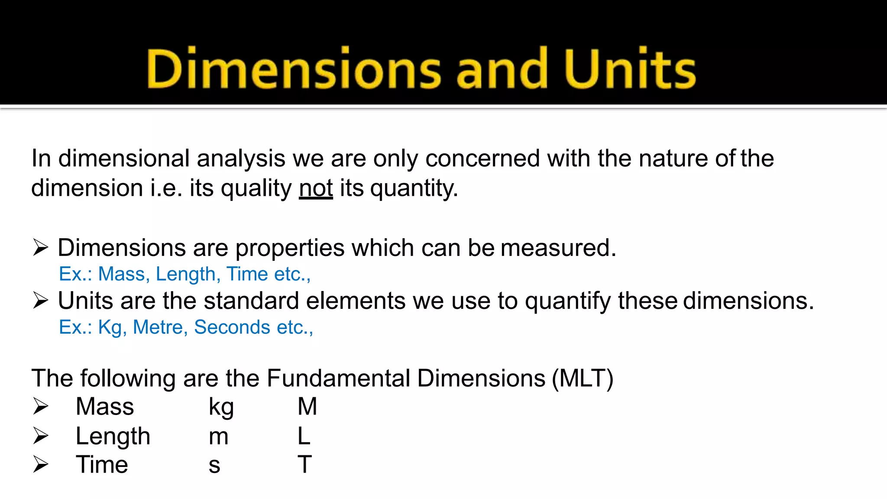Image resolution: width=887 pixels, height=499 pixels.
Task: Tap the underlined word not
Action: pos(316,188)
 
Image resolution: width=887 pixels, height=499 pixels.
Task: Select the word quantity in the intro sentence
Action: pos(413,189)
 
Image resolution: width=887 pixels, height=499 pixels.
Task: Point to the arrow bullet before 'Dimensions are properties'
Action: pos(40,248)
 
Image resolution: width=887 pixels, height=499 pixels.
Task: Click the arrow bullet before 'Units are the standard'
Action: pos(40,301)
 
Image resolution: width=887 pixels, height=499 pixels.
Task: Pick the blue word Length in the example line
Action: pos(186,274)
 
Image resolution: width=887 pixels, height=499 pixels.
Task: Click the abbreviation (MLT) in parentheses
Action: pos(583,379)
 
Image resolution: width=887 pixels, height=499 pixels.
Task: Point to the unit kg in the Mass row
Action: pos(221,408)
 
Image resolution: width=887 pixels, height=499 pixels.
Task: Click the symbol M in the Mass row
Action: pos(307,407)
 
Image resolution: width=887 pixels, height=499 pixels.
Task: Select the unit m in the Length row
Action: pos(218,437)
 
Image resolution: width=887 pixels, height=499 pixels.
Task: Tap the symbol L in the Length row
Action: pos(304,436)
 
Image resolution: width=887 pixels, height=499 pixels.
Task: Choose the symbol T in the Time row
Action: pos(304,464)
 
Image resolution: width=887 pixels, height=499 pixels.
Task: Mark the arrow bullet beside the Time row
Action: pos(40,464)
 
